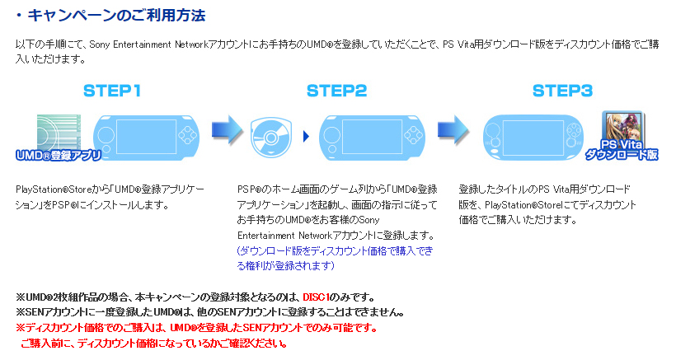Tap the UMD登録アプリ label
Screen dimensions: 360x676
pyautogui.click(x=58, y=154)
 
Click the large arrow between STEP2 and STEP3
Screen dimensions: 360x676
pyautogui.click(x=449, y=129)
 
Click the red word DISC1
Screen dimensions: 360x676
pyautogui.click(x=316, y=297)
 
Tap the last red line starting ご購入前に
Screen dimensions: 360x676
pyautogui.click(x=153, y=343)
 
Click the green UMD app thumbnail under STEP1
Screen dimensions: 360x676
pyautogui.click(x=58, y=132)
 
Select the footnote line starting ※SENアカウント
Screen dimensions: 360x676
pyautogui.click(x=210, y=312)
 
